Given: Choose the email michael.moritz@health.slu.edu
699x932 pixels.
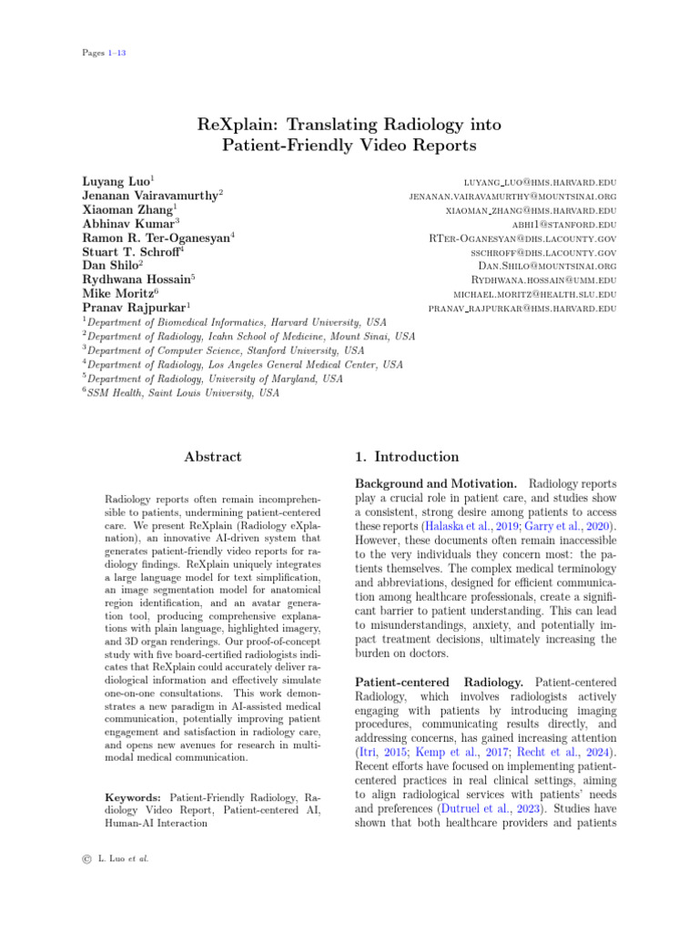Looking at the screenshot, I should click(535, 295).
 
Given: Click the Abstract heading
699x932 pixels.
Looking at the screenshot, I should click(213, 457).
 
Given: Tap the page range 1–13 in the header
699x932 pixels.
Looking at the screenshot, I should click(116, 53).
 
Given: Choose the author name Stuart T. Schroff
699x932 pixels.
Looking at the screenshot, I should click(132, 251).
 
